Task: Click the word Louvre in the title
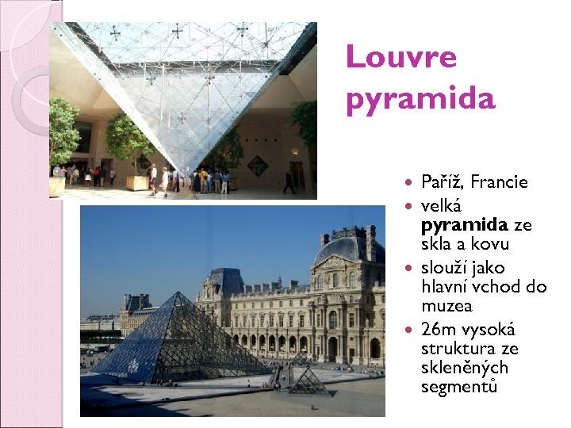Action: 401,57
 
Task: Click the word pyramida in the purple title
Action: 420,100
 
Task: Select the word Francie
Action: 499,182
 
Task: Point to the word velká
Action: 441,205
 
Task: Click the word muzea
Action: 446,306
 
